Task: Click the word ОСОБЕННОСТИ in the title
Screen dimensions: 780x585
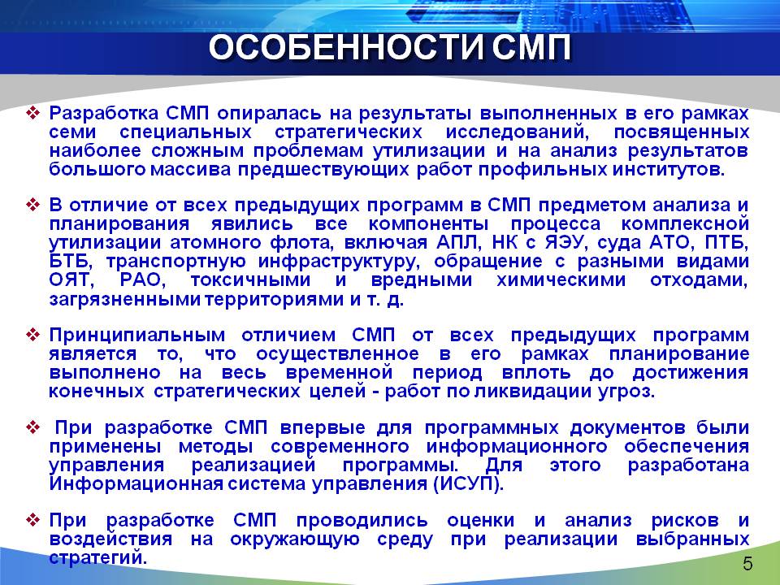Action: tap(346, 48)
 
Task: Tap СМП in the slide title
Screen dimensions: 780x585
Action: tap(531, 48)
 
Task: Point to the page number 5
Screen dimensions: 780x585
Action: tap(747, 564)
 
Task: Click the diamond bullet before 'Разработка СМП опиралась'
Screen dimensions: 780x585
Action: tap(32, 114)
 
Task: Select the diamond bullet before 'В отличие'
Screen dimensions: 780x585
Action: tap(32, 205)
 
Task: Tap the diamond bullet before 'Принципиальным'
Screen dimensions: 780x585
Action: tap(32, 335)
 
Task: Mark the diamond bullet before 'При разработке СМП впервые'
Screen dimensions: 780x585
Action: tap(32, 427)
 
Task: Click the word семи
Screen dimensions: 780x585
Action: tap(72, 132)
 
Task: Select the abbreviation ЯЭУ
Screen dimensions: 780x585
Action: tap(565, 243)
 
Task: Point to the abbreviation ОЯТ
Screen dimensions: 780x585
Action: tap(71, 280)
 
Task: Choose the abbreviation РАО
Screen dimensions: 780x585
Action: tap(141, 280)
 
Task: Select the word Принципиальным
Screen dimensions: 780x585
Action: tap(136, 335)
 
